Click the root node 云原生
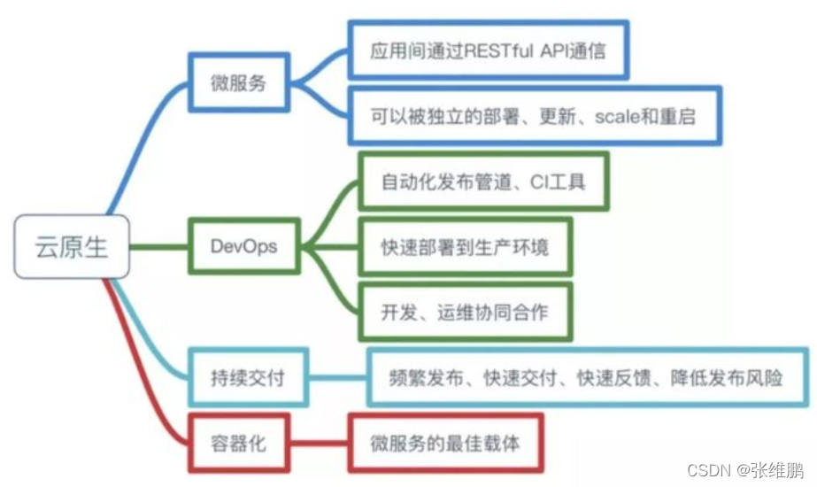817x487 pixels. coord(71,245)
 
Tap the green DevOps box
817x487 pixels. coord(243,245)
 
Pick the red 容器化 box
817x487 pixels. coord(238,441)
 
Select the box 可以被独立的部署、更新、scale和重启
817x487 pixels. coord(534,116)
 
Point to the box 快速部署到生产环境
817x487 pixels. coord(465,246)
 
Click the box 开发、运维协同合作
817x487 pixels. coord(465,311)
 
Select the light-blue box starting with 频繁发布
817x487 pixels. coord(587,377)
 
